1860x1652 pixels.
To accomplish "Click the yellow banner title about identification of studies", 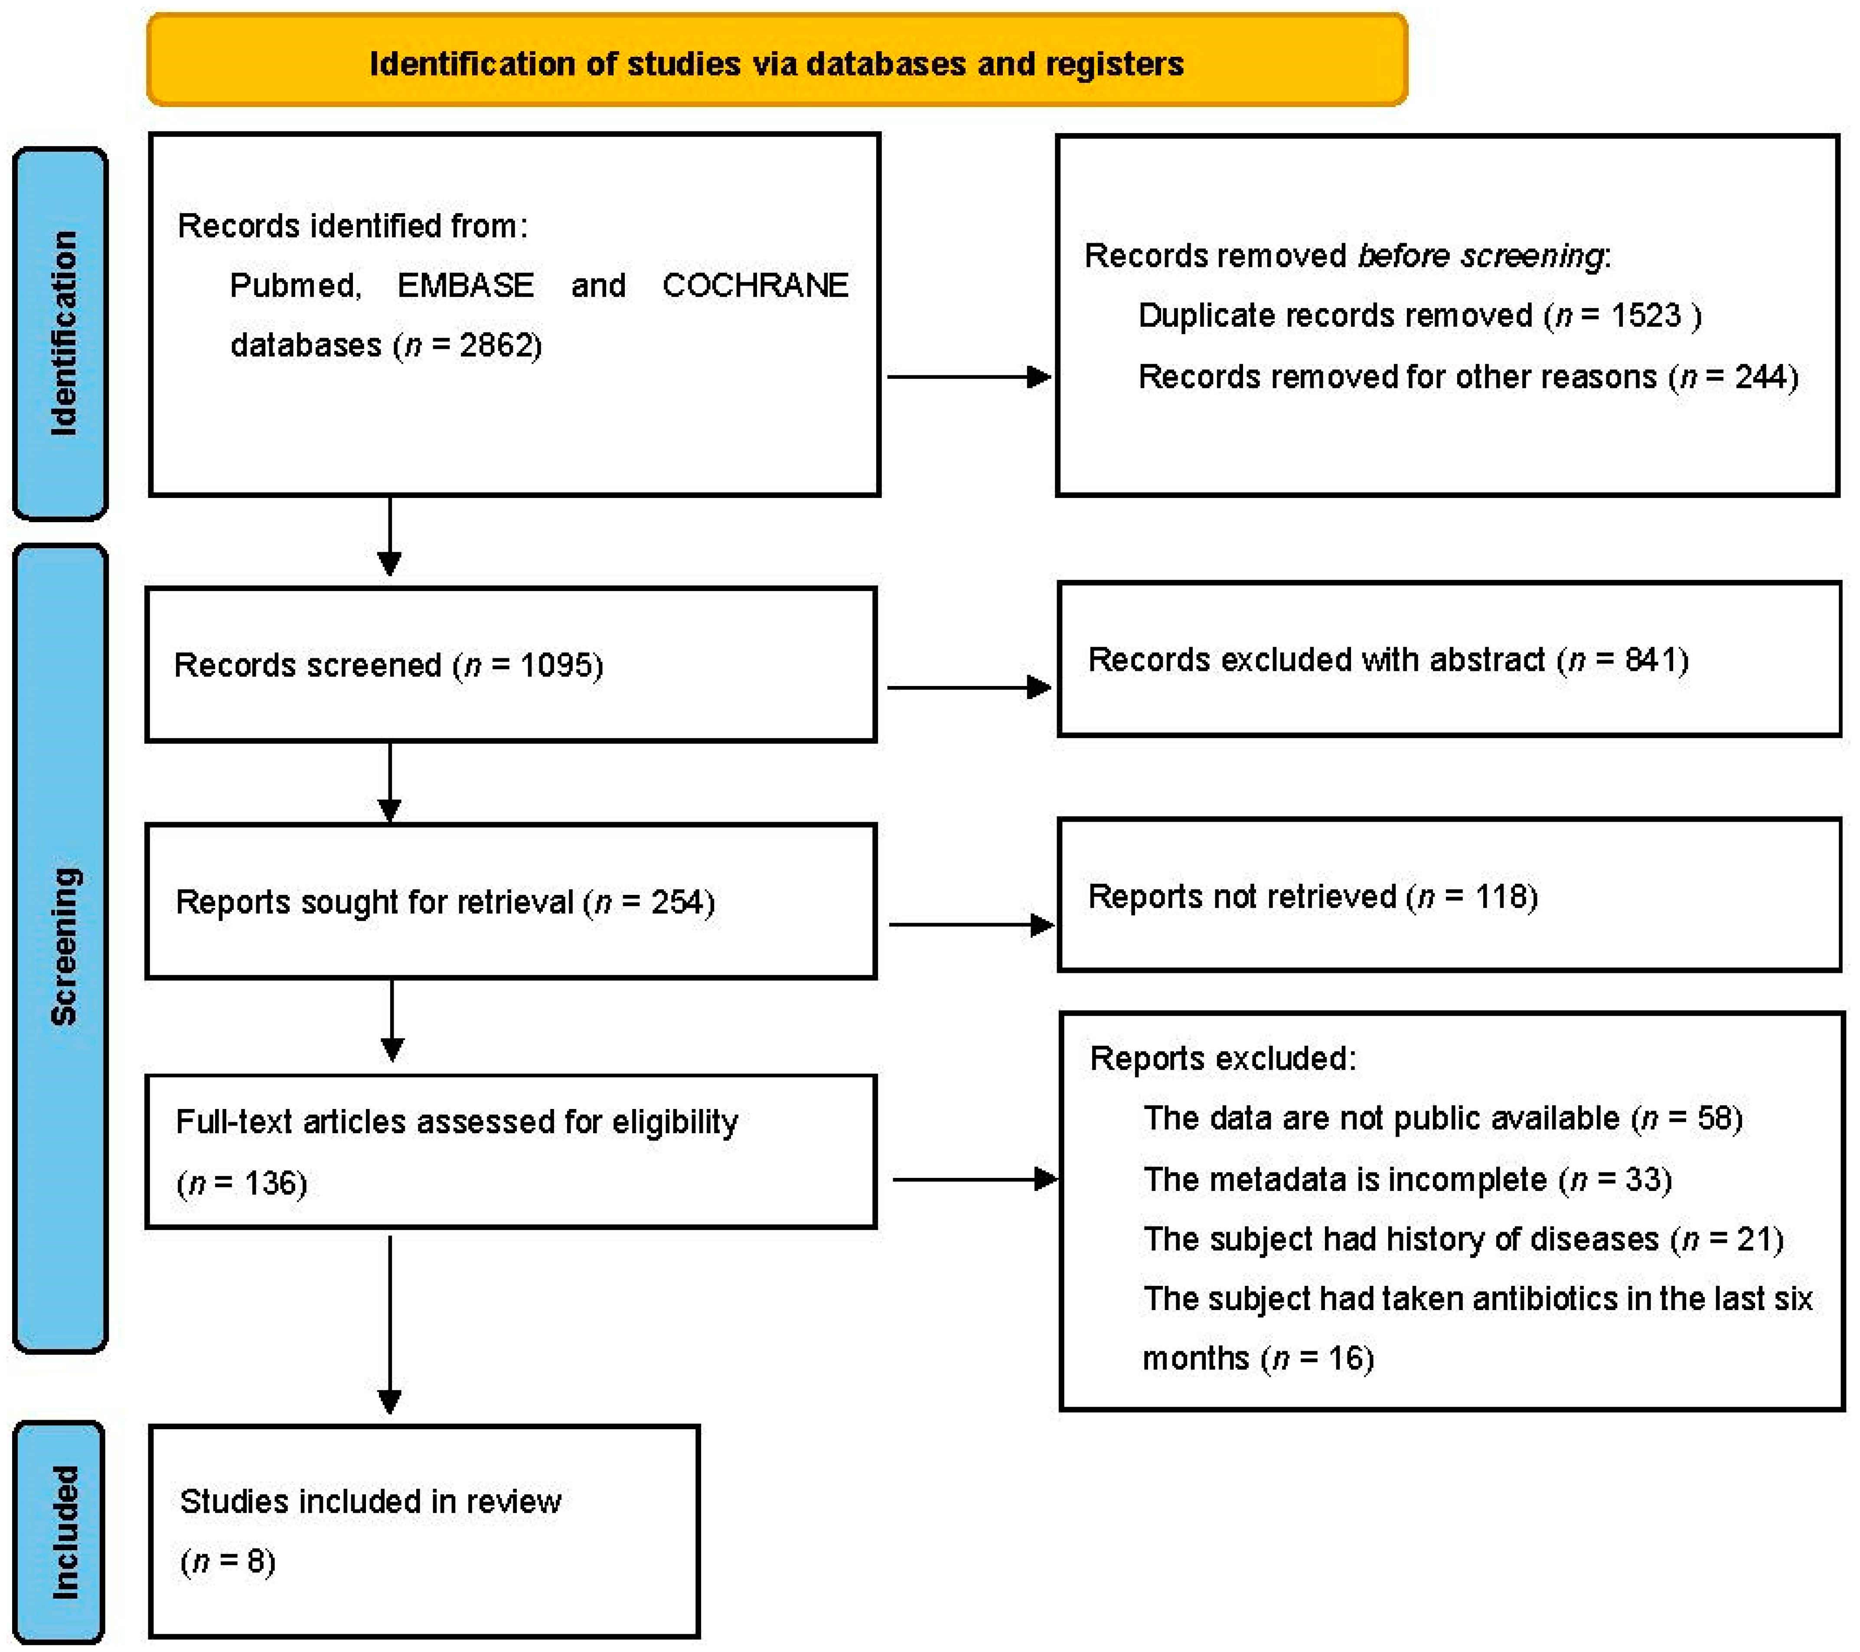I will point(776,64).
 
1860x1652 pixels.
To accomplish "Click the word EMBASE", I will point(465,286).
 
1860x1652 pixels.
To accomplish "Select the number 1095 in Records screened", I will point(555,665).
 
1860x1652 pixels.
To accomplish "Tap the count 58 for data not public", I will point(1715,1118).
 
